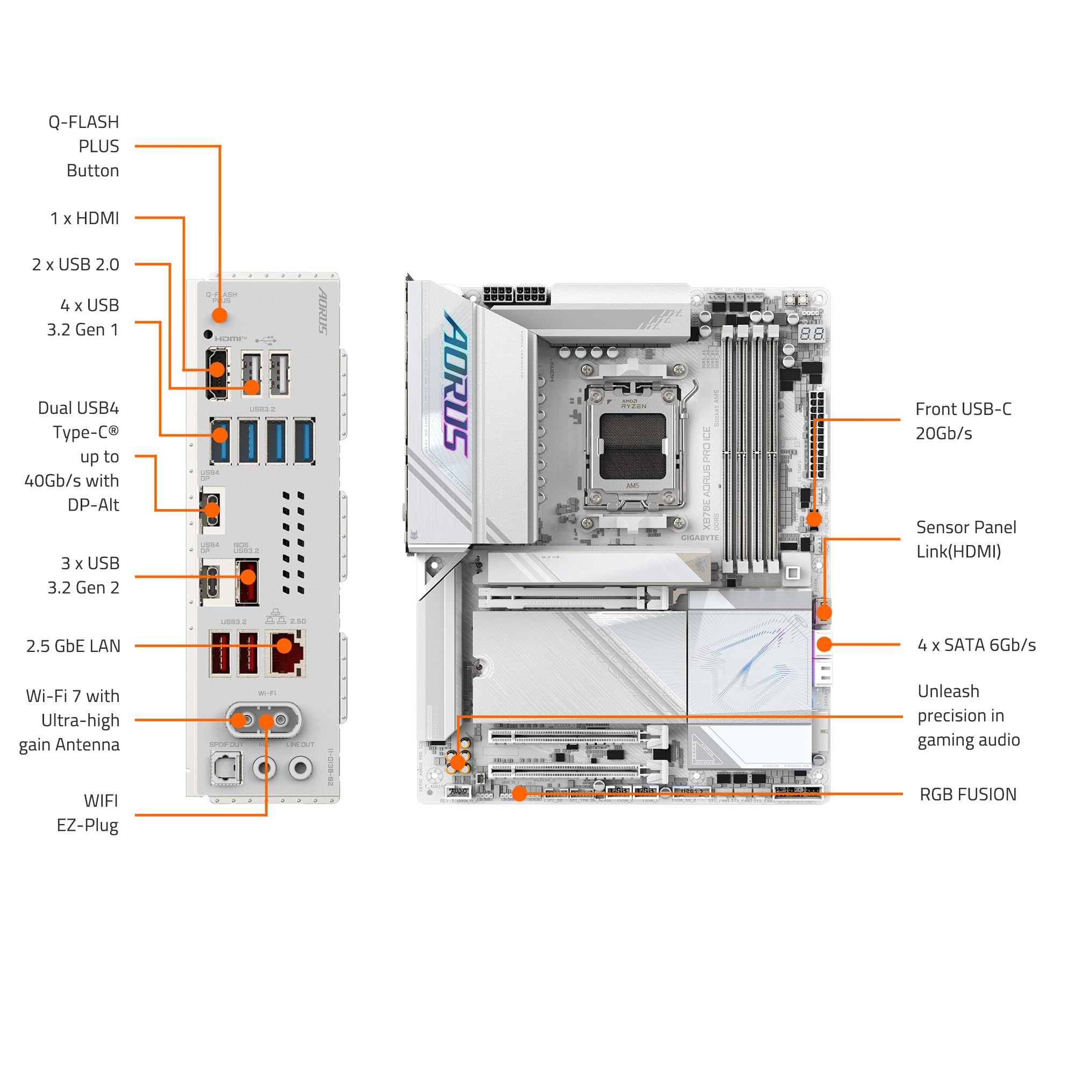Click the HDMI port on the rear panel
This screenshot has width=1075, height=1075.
tap(217, 374)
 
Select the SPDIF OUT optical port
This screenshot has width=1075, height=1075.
tap(226, 769)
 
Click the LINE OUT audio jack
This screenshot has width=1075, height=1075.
tap(300, 768)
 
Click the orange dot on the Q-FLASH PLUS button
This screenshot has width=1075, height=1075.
tap(220, 316)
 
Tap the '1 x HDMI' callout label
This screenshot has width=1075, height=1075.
tap(84, 218)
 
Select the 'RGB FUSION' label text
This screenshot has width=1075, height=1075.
tap(967, 794)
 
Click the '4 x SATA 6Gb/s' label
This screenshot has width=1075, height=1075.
tap(976, 645)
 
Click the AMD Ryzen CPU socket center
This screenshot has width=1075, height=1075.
tap(633, 447)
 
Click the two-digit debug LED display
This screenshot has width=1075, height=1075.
tap(812, 334)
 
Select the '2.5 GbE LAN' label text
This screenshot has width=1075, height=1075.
tap(74, 646)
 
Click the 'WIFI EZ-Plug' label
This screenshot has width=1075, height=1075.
tap(88, 813)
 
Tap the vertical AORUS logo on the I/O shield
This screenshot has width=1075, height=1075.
tap(323, 311)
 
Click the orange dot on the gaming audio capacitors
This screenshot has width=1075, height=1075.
tap(458, 762)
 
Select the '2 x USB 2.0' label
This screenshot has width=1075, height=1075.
tap(76, 264)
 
